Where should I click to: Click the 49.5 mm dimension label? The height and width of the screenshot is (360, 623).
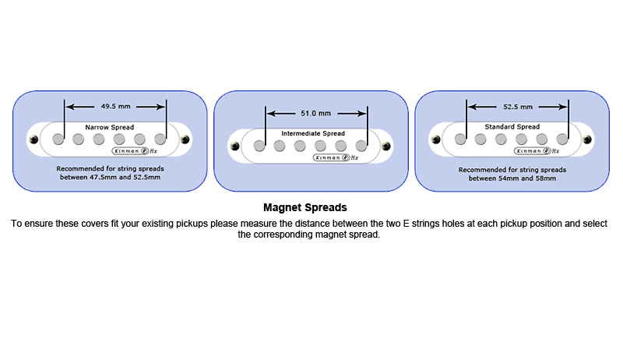[x=115, y=106]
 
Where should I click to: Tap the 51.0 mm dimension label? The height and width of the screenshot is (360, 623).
[x=315, y=113]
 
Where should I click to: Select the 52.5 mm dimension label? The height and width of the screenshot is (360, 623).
[x=518, y=107]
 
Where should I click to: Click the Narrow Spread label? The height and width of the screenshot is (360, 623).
[x=110, y=127]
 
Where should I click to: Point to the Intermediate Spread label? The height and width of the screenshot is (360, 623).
[x=312, y=134]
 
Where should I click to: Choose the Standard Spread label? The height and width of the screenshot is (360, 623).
[x=512, y=126]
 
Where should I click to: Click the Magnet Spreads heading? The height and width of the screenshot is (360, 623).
[x=305, y=208]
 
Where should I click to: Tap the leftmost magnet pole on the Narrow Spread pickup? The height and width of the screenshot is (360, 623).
[x=58, y=139]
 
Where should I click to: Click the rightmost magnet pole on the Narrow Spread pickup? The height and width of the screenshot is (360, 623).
[x=160, y=139]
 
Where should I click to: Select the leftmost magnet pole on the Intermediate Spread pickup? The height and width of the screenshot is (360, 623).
[x=259, y=146]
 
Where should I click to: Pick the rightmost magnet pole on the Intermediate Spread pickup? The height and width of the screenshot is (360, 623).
[x=361, y=146]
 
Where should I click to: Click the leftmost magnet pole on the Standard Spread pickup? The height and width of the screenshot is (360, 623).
[x=460, y=139]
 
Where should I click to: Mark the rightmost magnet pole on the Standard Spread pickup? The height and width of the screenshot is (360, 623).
[x=562, y=139]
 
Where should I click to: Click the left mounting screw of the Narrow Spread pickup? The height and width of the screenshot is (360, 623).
[x=34, y=139]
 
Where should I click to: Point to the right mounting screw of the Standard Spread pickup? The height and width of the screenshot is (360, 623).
[x=586, y=139]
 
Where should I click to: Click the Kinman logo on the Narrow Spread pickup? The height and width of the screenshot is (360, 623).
[x=130, y=151]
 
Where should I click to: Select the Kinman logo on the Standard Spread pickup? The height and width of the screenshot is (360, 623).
[x=532, y=151]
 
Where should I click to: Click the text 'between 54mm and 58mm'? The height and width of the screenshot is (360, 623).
[x=512, y=178]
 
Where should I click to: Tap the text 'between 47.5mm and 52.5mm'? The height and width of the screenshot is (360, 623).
[x=110, y=178]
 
